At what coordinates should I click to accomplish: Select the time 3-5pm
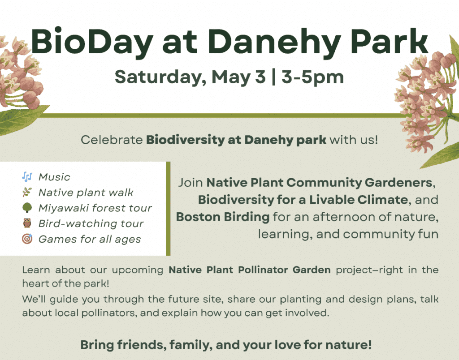coord(312,77)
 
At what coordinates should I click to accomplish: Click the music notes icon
coord(27,176)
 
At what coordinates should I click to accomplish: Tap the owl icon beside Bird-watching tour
coord(27,223)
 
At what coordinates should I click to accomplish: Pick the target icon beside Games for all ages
coord(27,239)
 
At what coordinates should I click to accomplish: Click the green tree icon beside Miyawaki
coord(27,208)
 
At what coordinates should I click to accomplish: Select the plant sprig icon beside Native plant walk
coord(27,192)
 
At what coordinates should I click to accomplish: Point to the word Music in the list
coord(54,177)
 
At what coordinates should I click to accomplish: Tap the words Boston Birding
coord(223,217)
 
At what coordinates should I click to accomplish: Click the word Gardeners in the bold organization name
coord(398,183)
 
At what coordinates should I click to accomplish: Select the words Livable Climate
coord(359,200)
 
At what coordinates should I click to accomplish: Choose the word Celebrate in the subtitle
coord(112,140)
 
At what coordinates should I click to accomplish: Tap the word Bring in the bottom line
coord(97,345)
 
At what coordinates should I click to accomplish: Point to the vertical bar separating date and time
coord(274,77)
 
